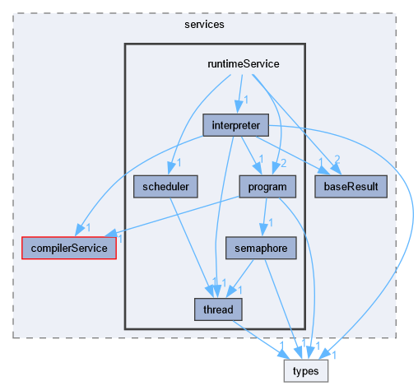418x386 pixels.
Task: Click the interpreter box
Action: [x=236, y=126]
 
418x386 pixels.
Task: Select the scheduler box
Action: [x=165, y=187]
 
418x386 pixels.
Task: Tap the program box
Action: [x=267, y=187]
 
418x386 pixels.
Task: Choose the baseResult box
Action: [x=351, y=187]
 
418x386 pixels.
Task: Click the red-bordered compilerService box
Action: [x=69, y=247]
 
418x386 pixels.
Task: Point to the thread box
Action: [x=213, y=309]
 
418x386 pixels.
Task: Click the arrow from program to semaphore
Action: [x=262, y=216]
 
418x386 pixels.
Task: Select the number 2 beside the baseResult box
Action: [x=338, y=159]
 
